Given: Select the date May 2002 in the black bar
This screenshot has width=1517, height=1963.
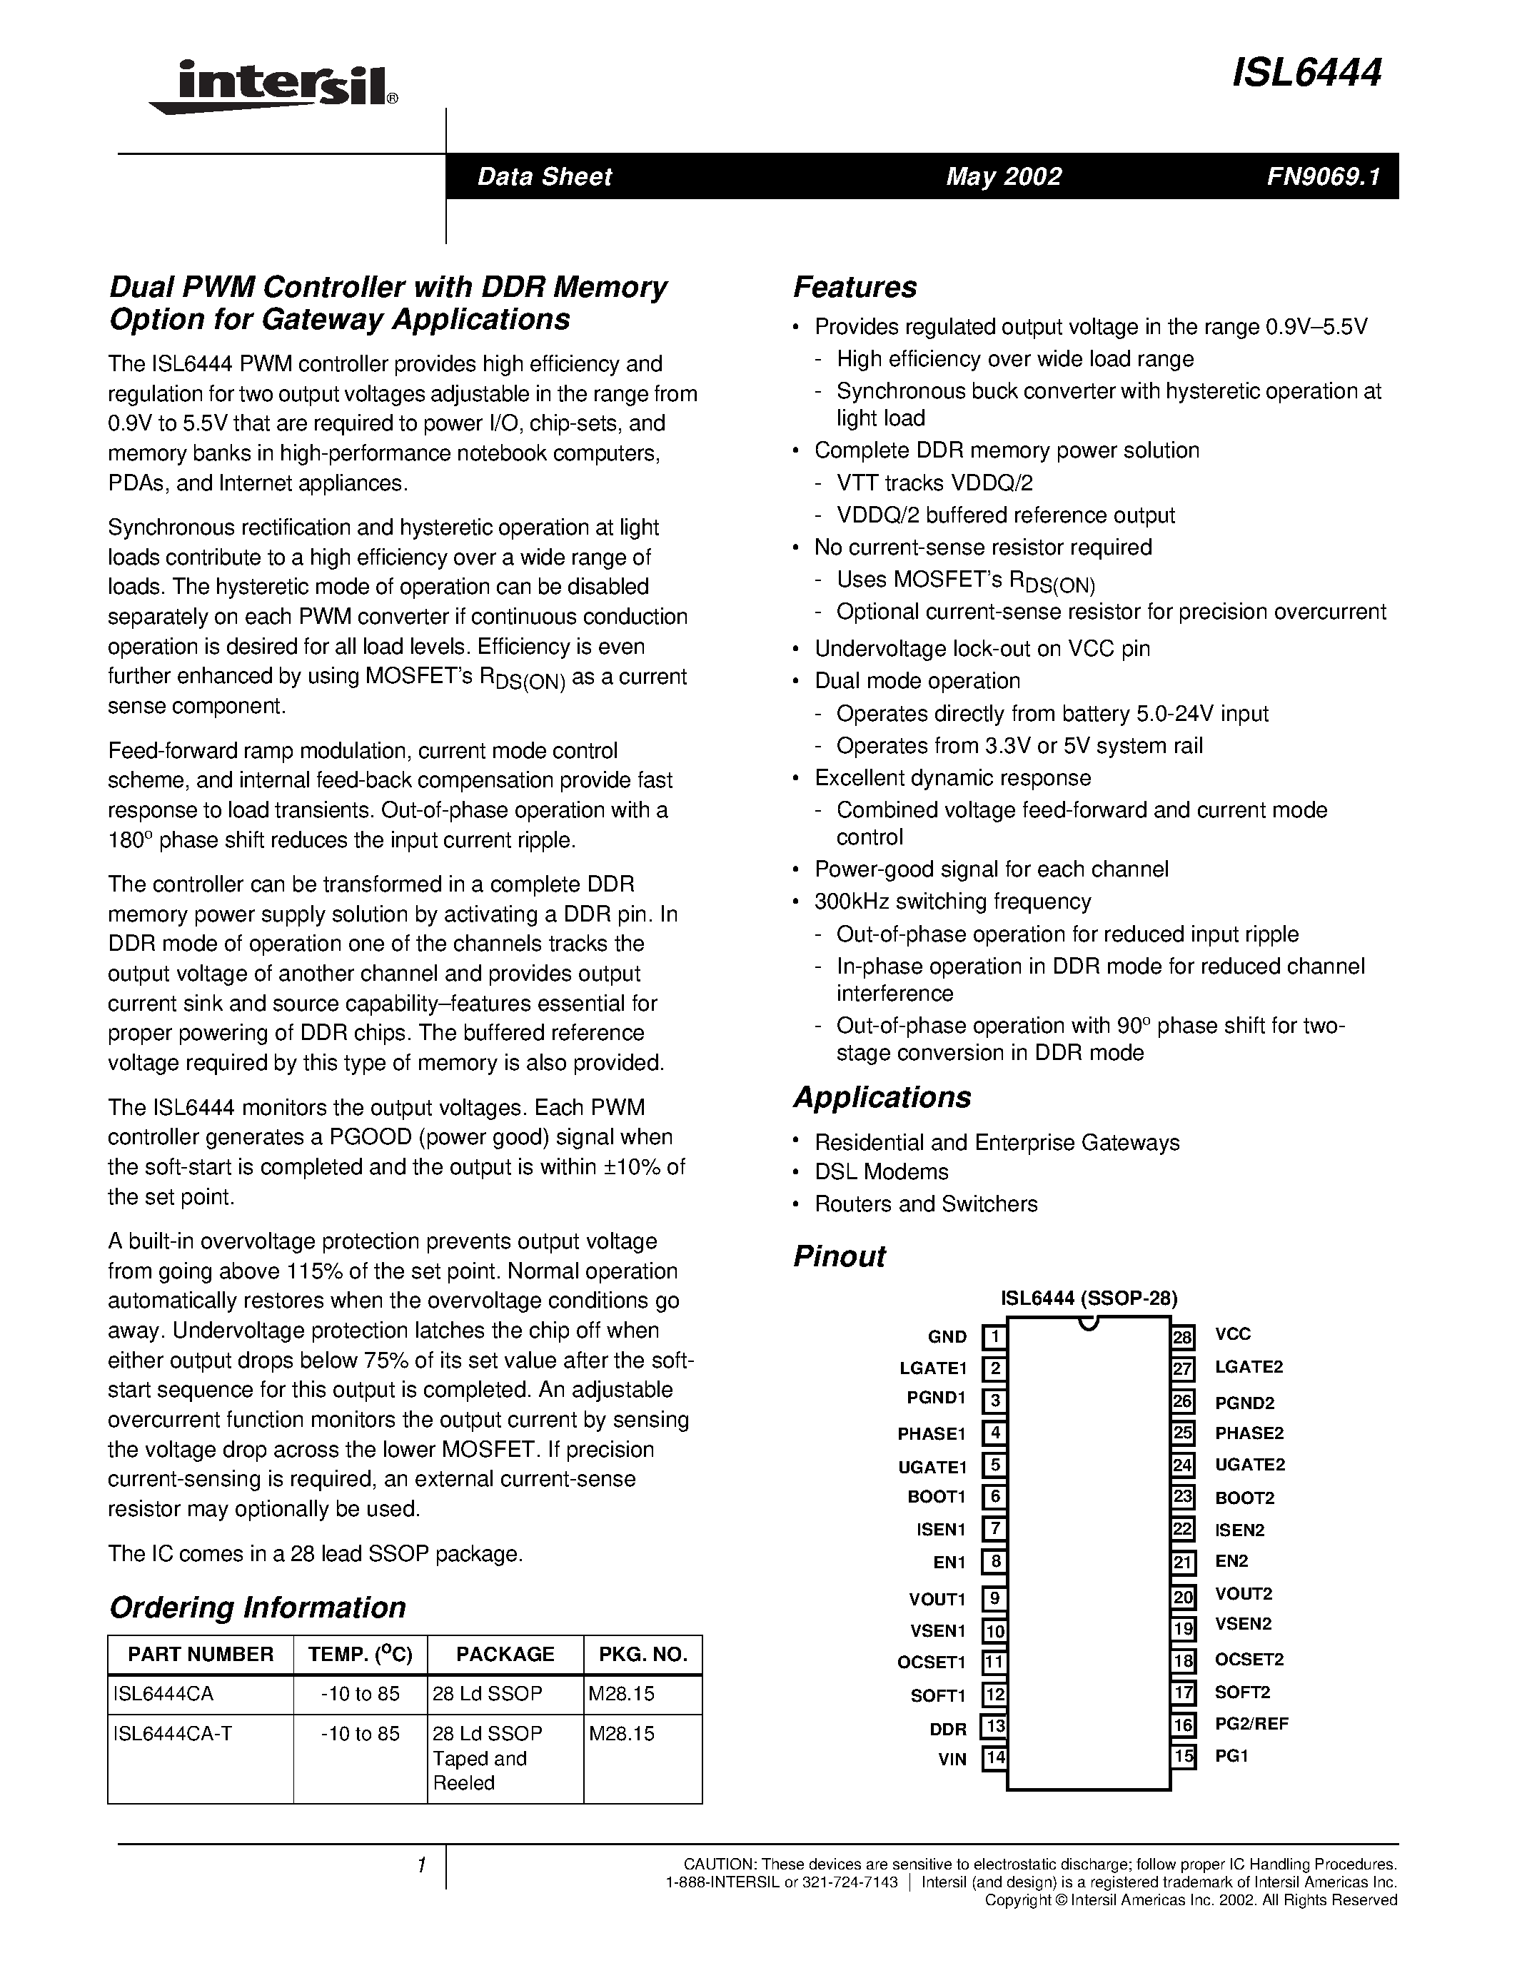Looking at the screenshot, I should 1003,176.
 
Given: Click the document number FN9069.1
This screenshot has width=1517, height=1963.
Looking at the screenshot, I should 1323,176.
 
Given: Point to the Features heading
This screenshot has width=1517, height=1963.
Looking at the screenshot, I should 855,288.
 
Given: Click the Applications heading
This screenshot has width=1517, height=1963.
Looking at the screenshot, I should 882,1097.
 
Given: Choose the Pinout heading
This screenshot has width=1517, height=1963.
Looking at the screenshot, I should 839,1256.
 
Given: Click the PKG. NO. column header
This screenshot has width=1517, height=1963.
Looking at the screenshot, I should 642,1655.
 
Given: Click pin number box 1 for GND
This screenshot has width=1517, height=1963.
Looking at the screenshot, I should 994,1338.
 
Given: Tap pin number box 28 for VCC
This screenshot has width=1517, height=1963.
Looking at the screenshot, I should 1183,1338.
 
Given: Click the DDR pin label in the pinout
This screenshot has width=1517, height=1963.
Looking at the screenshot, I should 948,1730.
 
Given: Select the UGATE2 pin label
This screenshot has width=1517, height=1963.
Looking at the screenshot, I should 1249,1465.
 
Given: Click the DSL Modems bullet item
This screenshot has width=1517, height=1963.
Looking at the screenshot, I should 881,1172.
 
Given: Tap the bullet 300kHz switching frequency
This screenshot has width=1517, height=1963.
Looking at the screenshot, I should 952,902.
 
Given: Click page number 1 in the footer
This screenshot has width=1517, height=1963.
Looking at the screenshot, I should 420,1866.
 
